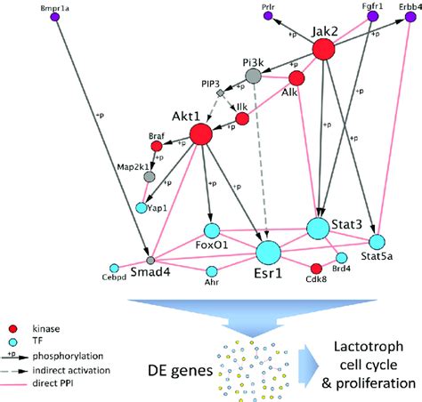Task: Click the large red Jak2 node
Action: [x=322, y=50]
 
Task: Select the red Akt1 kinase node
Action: [x=200, y=134]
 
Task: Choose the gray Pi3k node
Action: [x=253, y=77]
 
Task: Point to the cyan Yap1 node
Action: [x=142, y=208]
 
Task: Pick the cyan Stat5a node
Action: [x=377, y=241]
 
